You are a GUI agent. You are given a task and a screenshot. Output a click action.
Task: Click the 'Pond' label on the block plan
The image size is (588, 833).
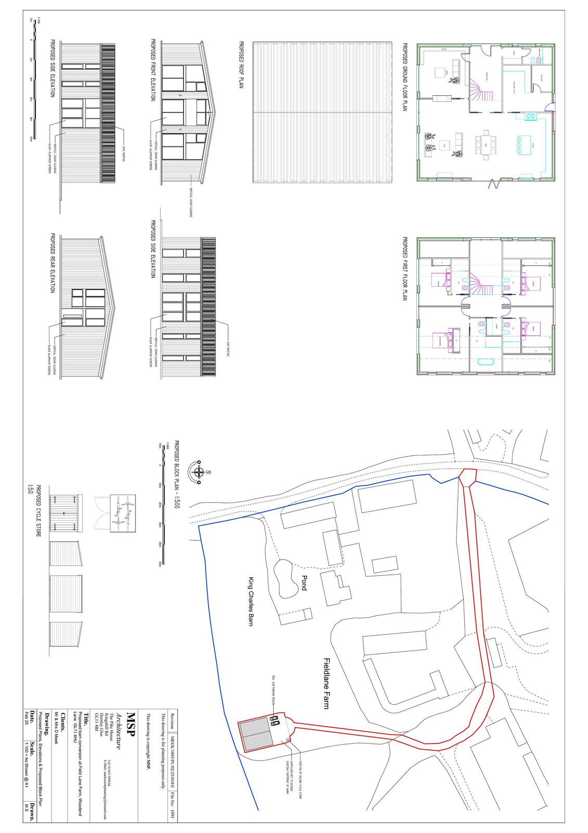tap(303, 583)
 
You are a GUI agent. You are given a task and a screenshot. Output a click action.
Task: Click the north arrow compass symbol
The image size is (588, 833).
tap(199, 473)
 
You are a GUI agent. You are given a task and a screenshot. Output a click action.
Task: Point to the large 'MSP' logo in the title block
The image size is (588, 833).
tap(131, 725)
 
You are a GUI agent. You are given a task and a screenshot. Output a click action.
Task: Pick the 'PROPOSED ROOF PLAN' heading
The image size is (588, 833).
tap(241, 65)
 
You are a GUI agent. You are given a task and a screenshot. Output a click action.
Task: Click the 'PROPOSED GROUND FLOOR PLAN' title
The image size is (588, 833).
tap(404, 78)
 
